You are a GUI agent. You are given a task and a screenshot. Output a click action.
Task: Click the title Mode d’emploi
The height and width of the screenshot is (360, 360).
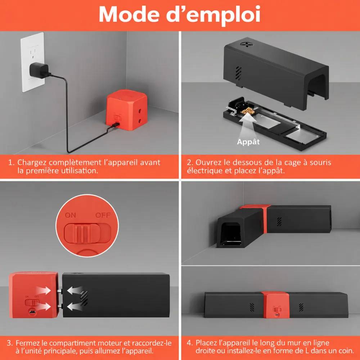[180, 14]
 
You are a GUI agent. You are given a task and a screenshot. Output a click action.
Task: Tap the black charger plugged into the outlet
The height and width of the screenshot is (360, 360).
[39, 70]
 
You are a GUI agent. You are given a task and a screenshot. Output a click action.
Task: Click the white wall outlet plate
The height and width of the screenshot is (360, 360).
[33, 62]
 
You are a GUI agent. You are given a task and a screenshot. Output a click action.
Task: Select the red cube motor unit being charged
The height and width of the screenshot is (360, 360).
[126, 110]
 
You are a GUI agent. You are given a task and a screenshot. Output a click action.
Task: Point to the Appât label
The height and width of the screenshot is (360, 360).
[248, 142]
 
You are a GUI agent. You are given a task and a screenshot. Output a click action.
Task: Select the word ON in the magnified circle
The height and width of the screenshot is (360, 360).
[70, 215]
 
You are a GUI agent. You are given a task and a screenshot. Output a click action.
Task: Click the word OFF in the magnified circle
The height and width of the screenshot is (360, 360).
[103, 215]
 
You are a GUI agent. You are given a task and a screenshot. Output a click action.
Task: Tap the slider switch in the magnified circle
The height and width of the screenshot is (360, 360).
[87, 234]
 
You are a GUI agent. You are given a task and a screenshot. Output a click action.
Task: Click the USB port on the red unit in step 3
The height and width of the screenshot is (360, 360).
[32, 312]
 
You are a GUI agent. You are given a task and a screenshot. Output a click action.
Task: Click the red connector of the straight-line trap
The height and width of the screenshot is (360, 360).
[275, 305]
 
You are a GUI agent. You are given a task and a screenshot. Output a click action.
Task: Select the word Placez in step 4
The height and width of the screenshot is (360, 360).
[206, 343]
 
